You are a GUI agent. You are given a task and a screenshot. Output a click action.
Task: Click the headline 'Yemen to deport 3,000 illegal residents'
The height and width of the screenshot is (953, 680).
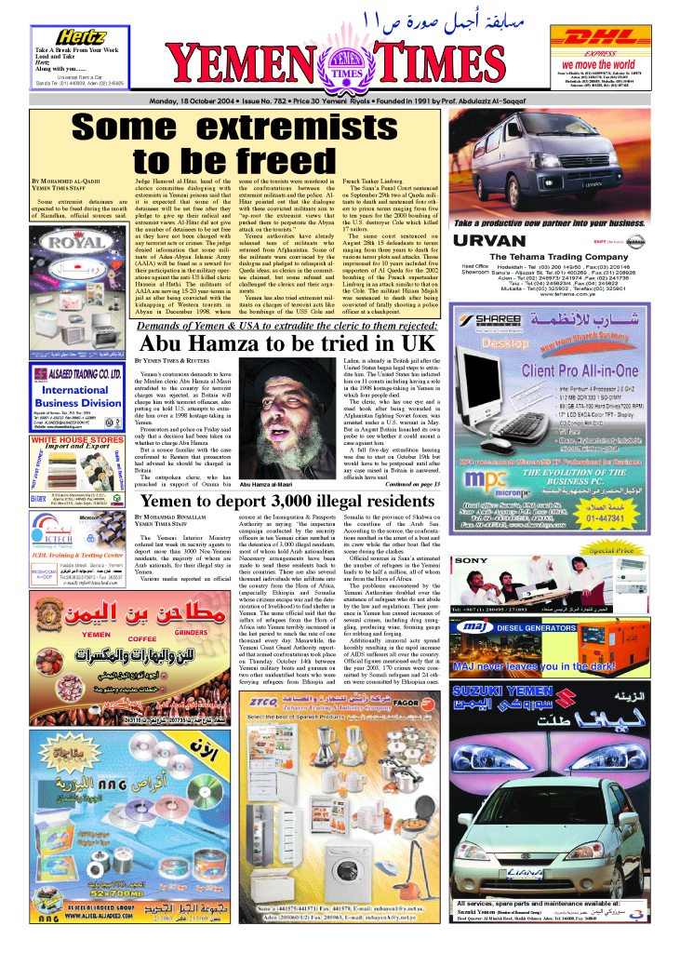(x=289, y=502)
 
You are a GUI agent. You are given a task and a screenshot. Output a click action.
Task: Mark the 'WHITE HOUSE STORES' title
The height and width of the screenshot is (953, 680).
(x=76, y=439)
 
